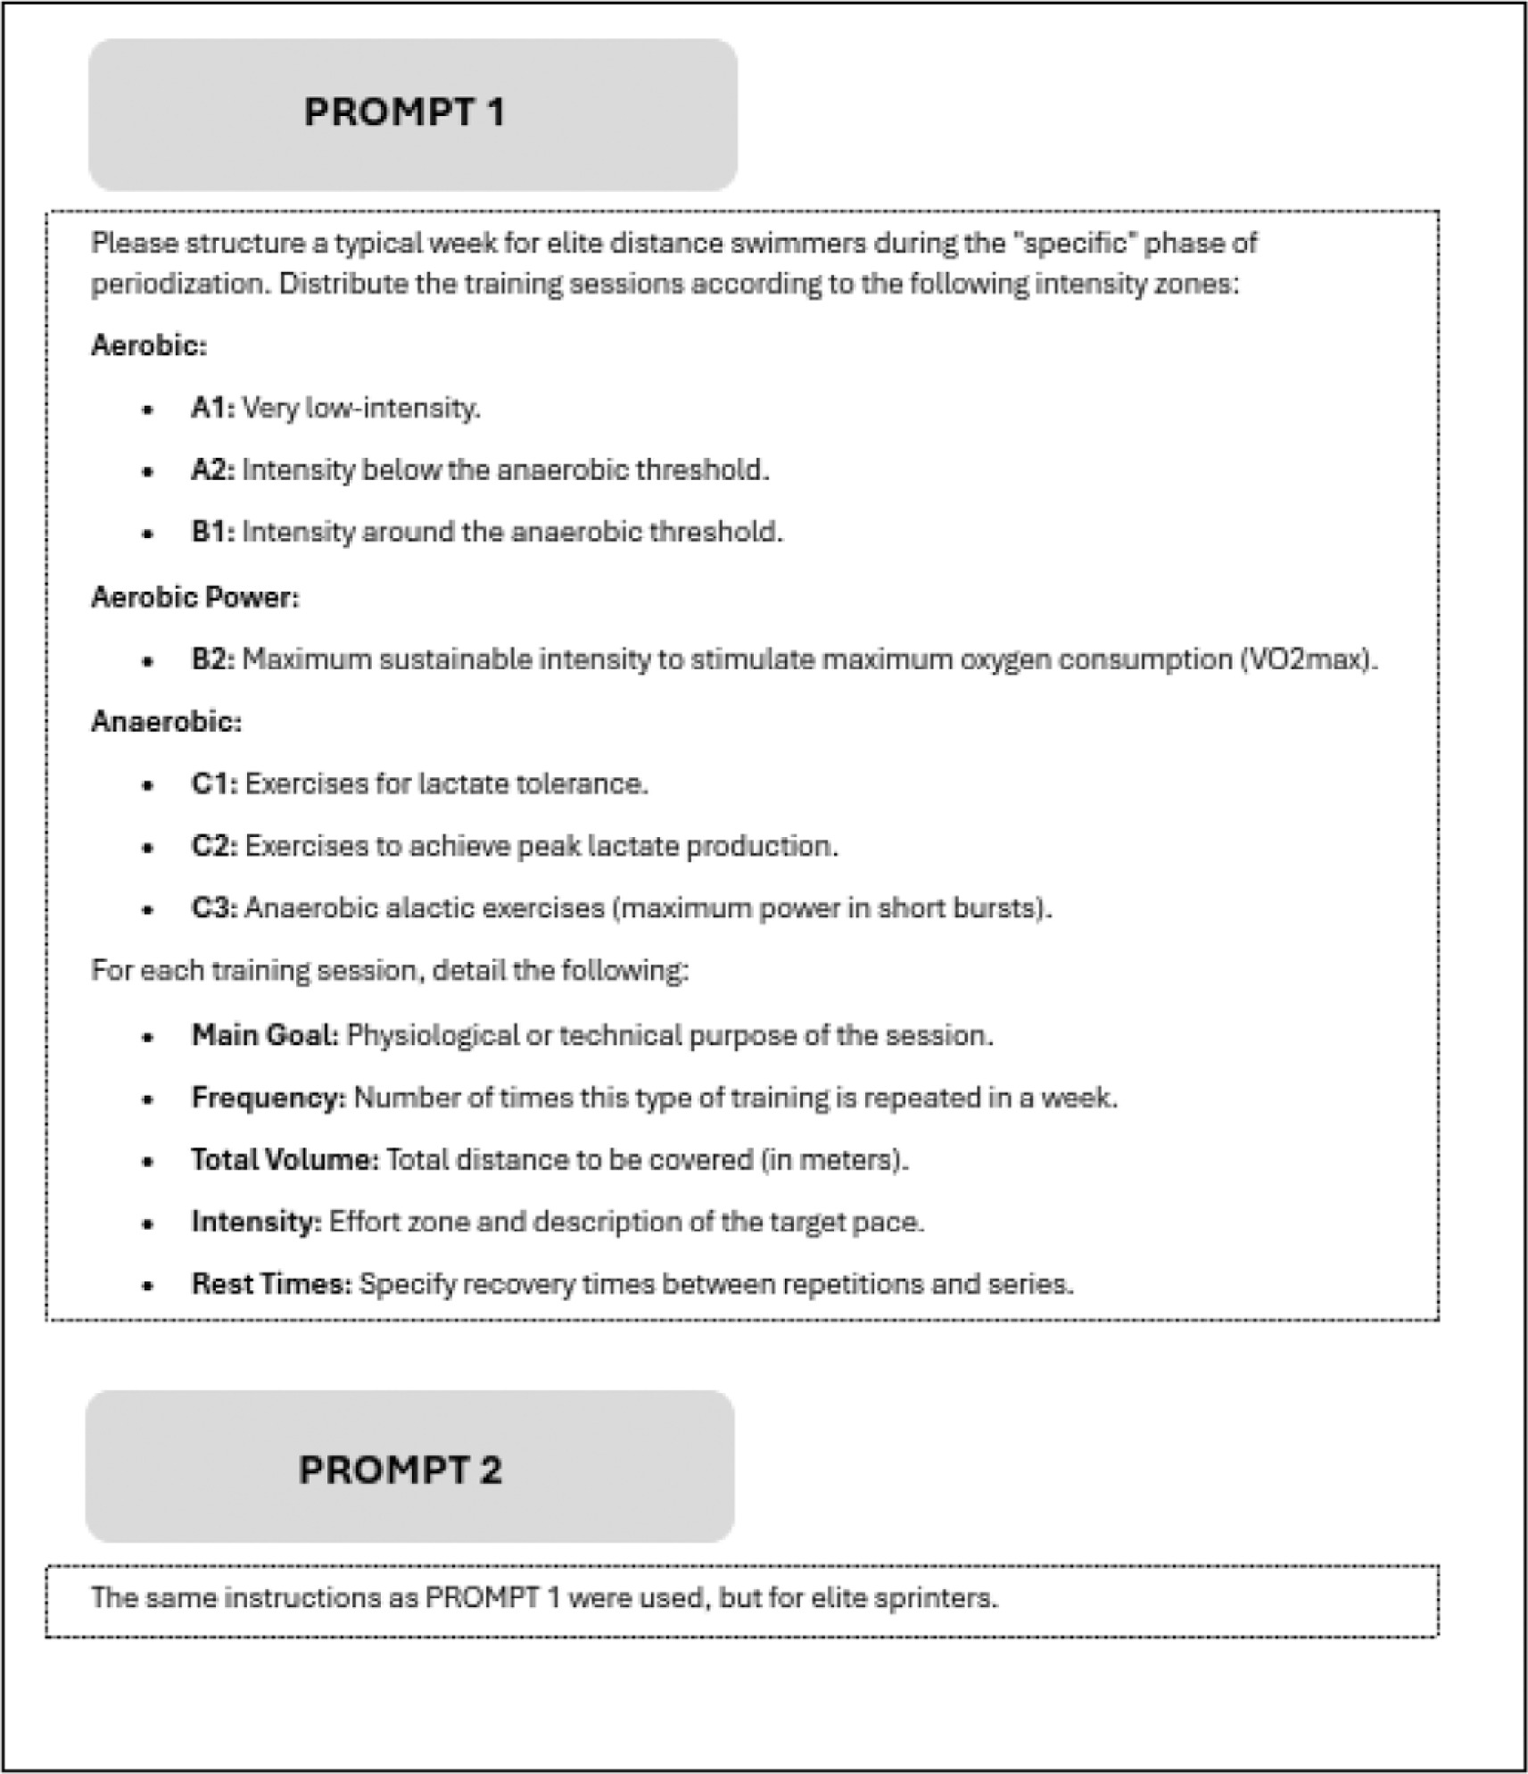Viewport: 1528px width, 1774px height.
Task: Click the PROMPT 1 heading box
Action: (412, 114)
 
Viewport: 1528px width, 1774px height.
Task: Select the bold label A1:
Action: (212, 409)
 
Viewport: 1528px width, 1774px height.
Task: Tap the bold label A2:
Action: (212, 470)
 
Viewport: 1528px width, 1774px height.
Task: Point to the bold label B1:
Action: (212, 533)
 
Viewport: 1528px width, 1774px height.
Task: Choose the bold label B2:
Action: (212, 660)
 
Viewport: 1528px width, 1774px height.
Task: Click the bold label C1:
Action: (214, 784)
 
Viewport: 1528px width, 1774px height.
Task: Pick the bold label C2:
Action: (214, 847)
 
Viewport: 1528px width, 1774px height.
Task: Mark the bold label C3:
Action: (214, 908)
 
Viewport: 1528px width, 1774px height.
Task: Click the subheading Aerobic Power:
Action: (195, 597)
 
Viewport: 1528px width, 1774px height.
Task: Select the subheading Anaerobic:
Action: (166, 721)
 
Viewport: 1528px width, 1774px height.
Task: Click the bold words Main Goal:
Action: (265, 1036)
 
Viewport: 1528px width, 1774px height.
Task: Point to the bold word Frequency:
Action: (268, 1098)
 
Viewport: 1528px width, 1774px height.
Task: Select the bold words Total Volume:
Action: (285, 1160)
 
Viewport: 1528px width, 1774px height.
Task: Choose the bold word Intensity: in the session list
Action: (256, 1222)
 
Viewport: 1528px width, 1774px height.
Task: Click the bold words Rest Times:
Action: (271, 1284)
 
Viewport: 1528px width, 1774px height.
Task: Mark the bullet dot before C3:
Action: (148, 910)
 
